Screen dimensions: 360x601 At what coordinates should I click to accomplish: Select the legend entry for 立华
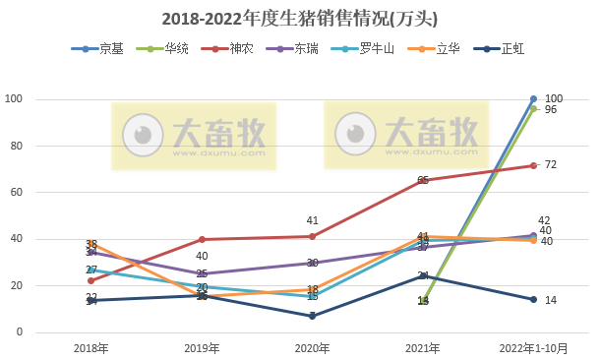pos(448,48)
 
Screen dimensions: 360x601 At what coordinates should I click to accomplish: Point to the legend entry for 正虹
pos(513,48)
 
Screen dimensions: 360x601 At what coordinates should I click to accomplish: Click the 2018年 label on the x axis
pos(91,348)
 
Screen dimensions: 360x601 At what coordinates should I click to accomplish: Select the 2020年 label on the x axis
pos(312,348)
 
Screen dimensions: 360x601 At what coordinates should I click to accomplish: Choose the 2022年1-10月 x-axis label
pos(533,348)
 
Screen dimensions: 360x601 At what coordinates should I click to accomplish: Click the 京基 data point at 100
pos(533,99)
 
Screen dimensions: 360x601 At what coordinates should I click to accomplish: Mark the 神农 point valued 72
pos(533,165)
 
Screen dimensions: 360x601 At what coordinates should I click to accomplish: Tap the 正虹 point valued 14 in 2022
pos(533,300)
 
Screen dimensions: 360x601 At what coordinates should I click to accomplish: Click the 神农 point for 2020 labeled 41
pos(313,236)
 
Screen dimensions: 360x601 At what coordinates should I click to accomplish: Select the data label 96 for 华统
pos(551,109)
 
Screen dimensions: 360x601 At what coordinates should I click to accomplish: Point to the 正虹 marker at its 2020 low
pos(313,316)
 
